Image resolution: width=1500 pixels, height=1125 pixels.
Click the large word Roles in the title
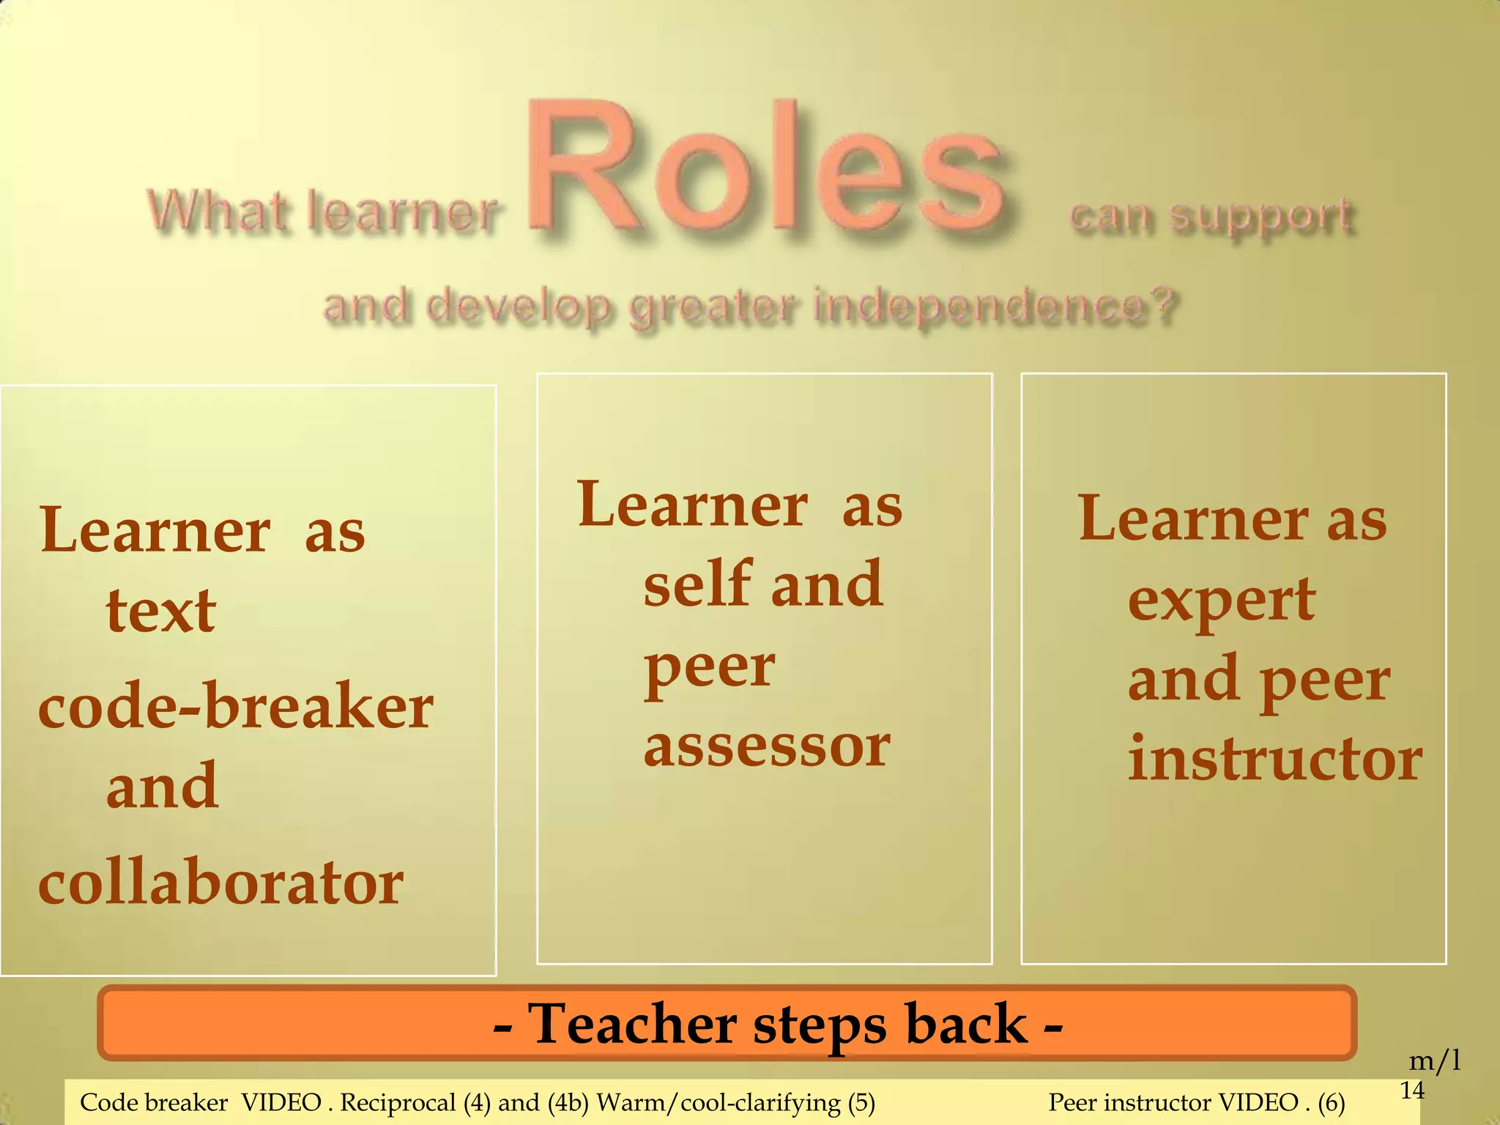click(765, 172)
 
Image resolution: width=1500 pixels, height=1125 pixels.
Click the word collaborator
click(220, 882)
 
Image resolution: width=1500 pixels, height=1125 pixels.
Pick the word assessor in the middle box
click(767, 746)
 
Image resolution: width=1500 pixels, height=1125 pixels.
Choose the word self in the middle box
click(699, 584)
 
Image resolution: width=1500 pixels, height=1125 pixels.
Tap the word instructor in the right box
click(1275, 760)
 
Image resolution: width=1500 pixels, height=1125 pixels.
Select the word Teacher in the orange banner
click(632, 1023)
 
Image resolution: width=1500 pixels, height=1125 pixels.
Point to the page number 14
click(1413, 1091)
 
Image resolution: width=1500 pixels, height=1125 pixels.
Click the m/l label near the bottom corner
click(1435, 1060)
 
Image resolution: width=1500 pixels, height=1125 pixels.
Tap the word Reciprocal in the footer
click(398, 1102)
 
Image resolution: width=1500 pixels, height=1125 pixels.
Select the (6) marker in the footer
click(1331, 1102)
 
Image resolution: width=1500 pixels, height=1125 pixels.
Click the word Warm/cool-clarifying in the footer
click(719, 1102)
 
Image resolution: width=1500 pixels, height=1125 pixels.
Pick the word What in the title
click(218, 211)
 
